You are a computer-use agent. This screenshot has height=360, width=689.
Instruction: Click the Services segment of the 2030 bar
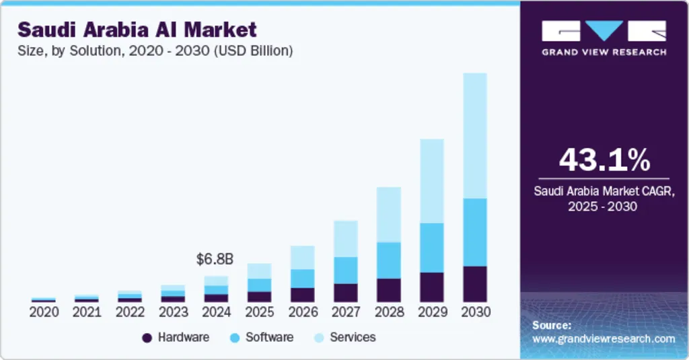(474, 135)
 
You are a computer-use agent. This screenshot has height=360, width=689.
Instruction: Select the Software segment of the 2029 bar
(431, 247)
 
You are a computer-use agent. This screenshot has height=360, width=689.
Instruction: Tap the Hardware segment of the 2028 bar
(388, 289)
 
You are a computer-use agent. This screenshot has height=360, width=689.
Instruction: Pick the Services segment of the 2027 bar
(345, 238)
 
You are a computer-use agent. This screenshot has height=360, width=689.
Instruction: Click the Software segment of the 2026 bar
(302, 278)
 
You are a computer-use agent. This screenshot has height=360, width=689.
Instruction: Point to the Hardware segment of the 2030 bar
(474, 283)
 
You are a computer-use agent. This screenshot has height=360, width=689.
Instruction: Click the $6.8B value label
(215, 259)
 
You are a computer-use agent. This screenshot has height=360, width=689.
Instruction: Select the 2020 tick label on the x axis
(44, 312)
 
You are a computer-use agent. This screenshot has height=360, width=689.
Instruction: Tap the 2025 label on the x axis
(259, 312)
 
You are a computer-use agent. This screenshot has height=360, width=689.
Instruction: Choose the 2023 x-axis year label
(173, 312)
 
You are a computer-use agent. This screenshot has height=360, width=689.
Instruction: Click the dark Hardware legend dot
(147, 338)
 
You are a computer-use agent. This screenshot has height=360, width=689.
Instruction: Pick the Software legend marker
(234, 338)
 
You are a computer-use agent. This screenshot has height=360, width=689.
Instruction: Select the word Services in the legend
(353, 337)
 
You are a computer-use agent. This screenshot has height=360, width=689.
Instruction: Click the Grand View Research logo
(604, 38)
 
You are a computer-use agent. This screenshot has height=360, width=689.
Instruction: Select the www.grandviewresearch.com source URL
(604, 338)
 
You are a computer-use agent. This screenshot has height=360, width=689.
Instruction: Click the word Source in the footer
(552, 325)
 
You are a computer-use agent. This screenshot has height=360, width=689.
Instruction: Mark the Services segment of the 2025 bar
(259, 271)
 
